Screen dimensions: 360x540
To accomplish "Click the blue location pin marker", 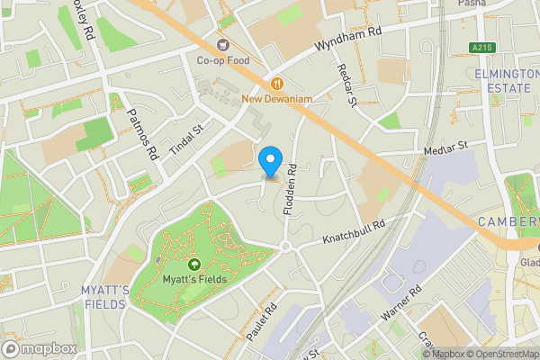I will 269,162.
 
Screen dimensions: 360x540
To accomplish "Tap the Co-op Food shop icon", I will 221,44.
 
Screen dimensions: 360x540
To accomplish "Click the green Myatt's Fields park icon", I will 194,264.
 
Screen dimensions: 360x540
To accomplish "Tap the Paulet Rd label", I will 258,321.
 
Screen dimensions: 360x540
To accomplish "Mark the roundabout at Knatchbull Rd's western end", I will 285,247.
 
